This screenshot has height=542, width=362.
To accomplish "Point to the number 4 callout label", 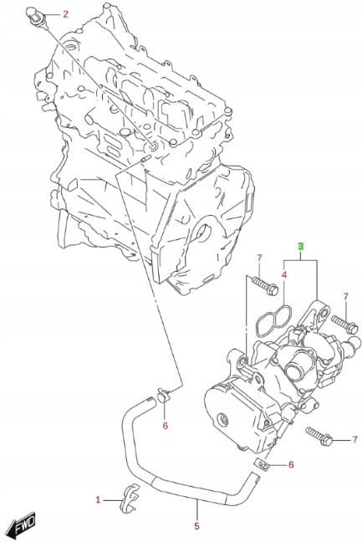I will point(284,273).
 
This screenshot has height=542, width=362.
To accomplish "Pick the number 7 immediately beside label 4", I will point(259,257).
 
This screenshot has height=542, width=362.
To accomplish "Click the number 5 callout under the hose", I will point(196,526).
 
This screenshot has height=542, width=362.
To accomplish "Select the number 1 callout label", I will point(97,500).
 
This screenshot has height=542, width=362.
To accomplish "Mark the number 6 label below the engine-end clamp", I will point(165,426).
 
